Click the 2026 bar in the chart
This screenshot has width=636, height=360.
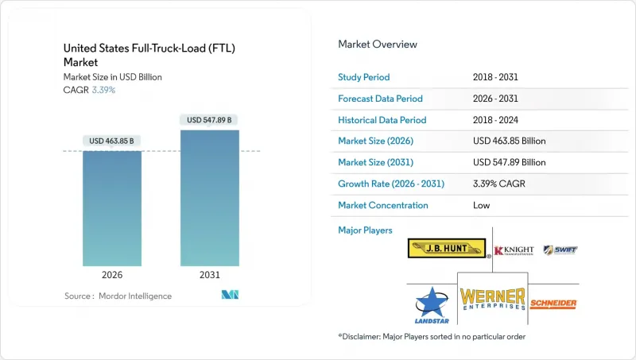click(112, 208)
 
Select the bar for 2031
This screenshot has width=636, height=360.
click(210, 198)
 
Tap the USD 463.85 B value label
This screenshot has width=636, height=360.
click(112, 141)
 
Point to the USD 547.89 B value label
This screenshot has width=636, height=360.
click(210, 120)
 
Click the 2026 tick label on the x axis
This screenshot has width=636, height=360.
click(112, 275)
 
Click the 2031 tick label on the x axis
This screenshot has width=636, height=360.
click(210, 275)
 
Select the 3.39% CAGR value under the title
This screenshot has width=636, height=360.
click(103, 90)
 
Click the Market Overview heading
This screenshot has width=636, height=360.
click(378, 45)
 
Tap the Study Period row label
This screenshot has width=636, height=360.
click(364, 77)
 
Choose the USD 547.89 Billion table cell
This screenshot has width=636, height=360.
click(509, 162)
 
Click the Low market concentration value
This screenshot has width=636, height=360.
click(480, 205)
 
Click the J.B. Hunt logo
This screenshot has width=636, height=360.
click(448, 249)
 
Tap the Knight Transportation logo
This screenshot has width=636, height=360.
click(513, 250)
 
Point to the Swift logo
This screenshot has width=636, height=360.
click(560, 250)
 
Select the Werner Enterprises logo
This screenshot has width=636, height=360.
click(493, 299)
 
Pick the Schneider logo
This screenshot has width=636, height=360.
click(553, 304)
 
